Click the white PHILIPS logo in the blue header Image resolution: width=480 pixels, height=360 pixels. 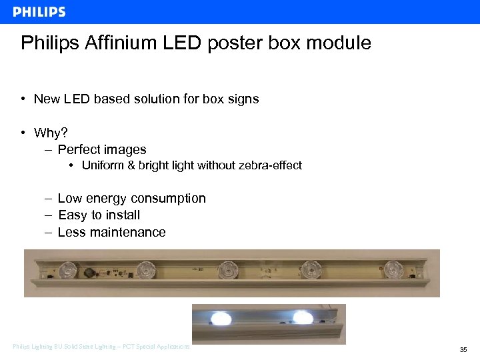[x=39, y=11]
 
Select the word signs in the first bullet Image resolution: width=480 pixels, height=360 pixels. [x=243, y=99]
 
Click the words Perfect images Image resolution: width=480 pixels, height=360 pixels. [x=102, y=149]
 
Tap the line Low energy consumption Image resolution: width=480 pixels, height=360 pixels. [x=131, y=198]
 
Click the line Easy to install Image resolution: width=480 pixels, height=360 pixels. [x=99, y=215]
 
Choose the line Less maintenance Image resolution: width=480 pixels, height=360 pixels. [x=111, y=232]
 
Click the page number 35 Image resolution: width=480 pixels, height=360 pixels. [x=463, y=349]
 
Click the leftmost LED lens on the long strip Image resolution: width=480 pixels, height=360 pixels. [x=68, y=270]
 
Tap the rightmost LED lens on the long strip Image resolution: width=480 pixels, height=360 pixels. [x=395, y=269]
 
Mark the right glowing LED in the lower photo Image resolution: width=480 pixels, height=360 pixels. [x=303, y=317]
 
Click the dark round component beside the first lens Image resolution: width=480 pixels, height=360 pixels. [x=87, y=272]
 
